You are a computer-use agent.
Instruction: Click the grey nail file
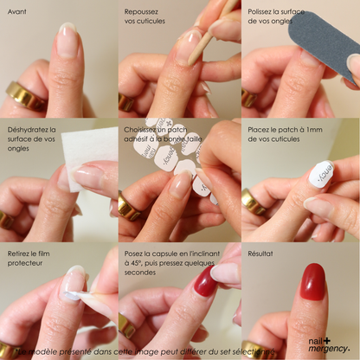pyautogui.click(x=324, y=38)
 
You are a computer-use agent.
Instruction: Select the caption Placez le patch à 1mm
pyautogui.click(x=282, y=134)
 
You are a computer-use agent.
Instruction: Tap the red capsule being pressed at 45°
pyautogui.click(x=206, y=281)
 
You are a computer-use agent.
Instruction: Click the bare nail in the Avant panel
pyautogui.click(x=66, y=41)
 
